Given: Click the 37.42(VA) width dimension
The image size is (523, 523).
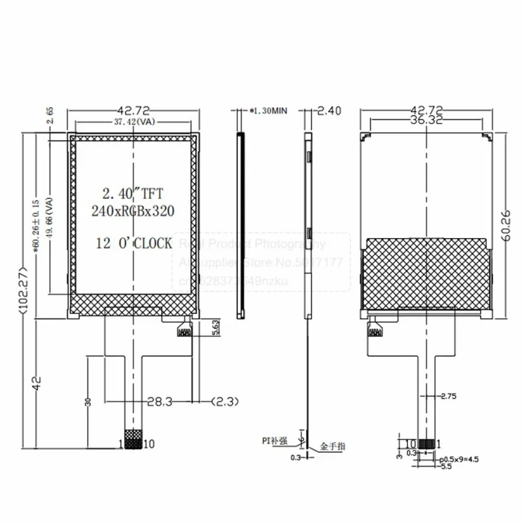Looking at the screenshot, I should point(134,122).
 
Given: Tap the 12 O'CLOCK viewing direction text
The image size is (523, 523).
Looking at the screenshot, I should point(133,243).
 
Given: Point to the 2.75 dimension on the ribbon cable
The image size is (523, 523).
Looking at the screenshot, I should point(448,396).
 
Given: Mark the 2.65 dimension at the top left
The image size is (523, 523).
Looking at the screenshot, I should point(50,116).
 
